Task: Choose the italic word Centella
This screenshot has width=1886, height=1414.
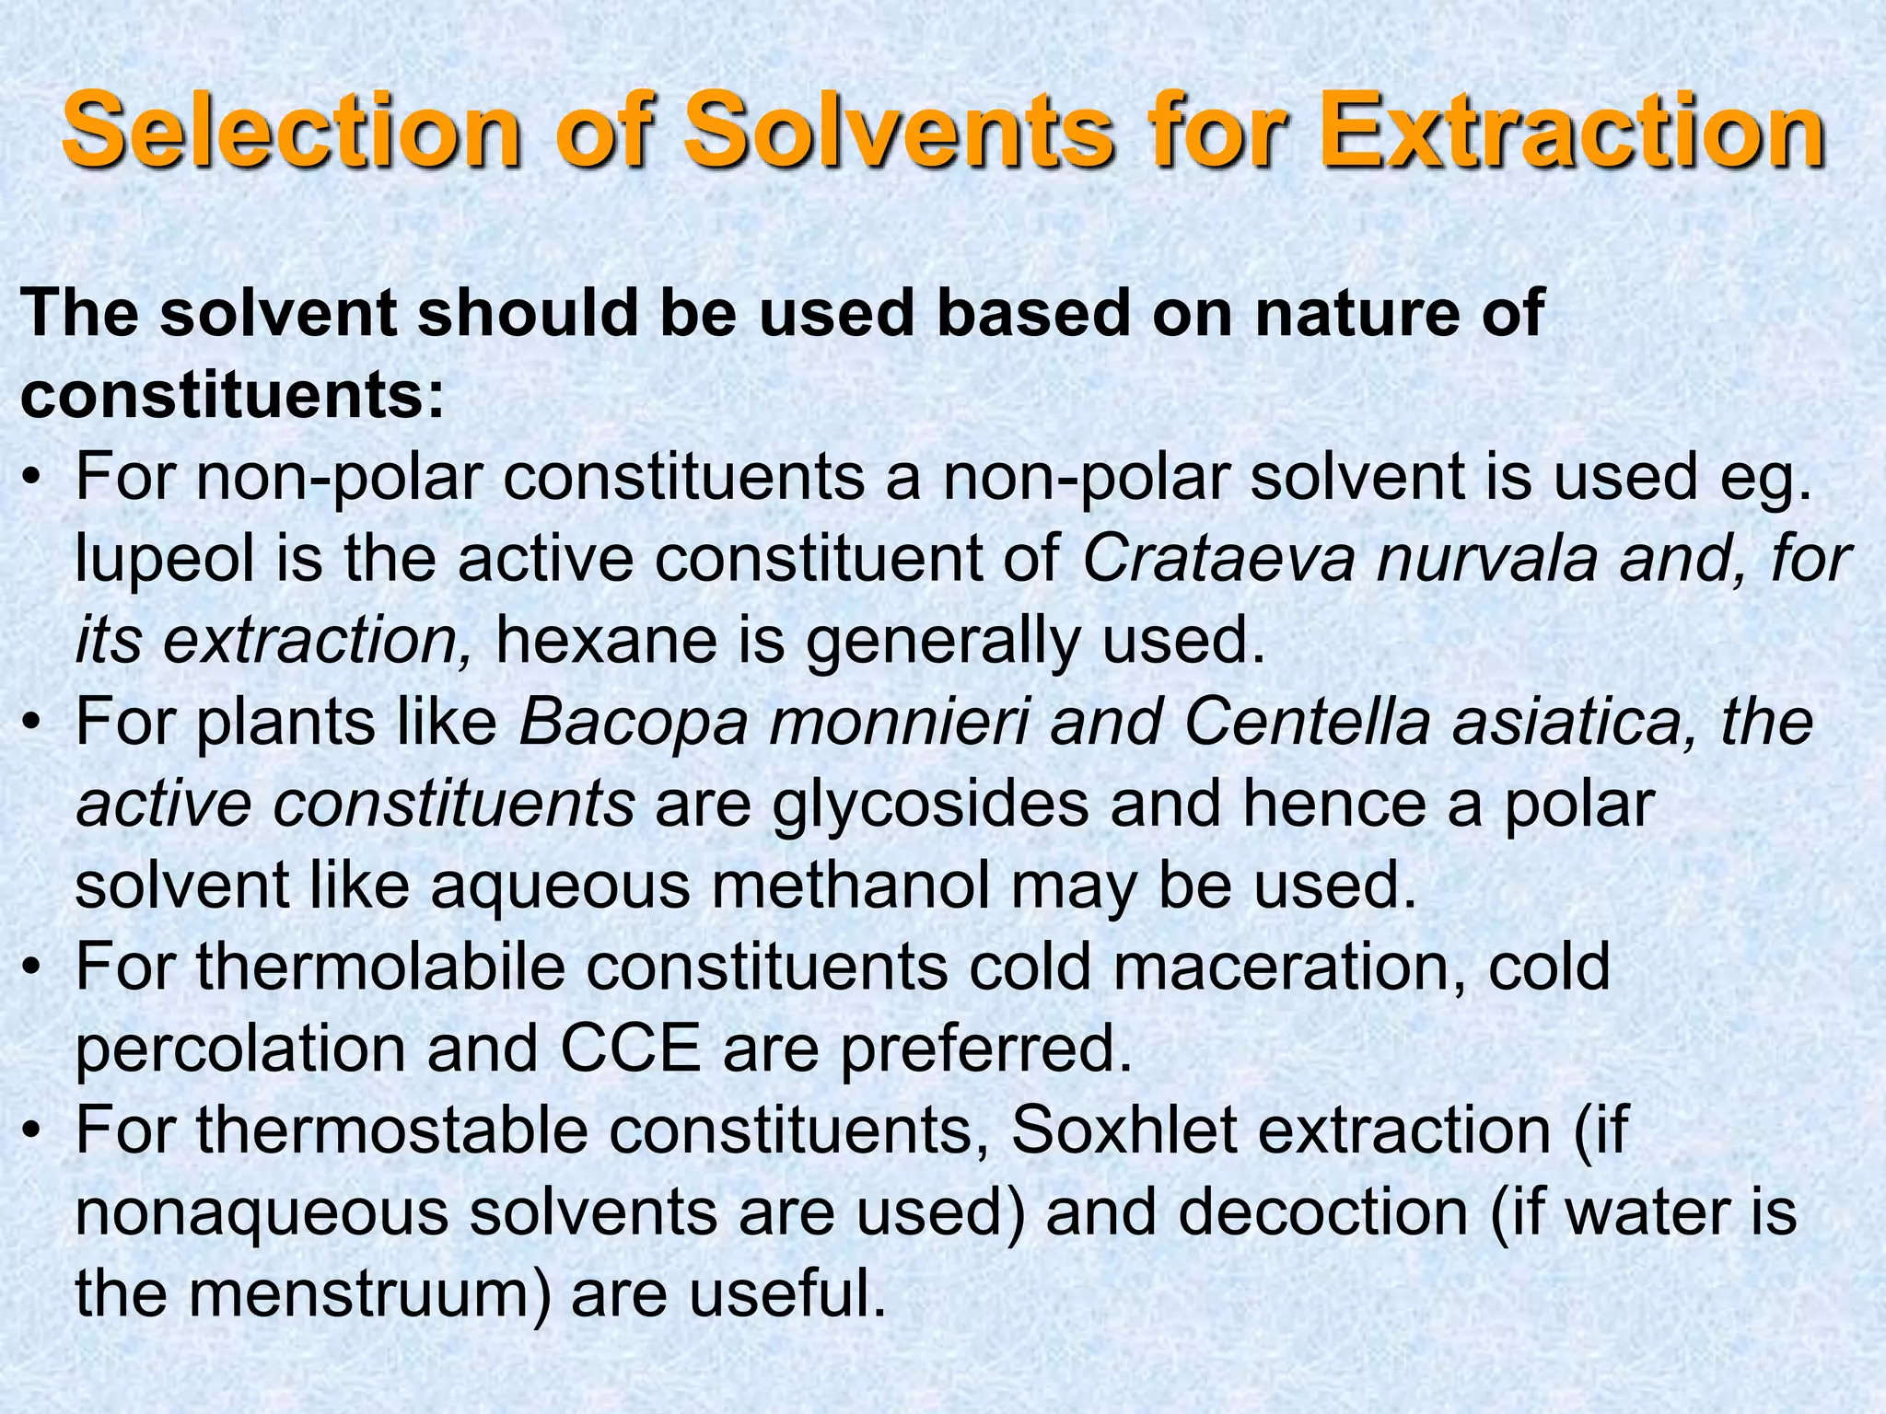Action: click(1307, 722)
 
